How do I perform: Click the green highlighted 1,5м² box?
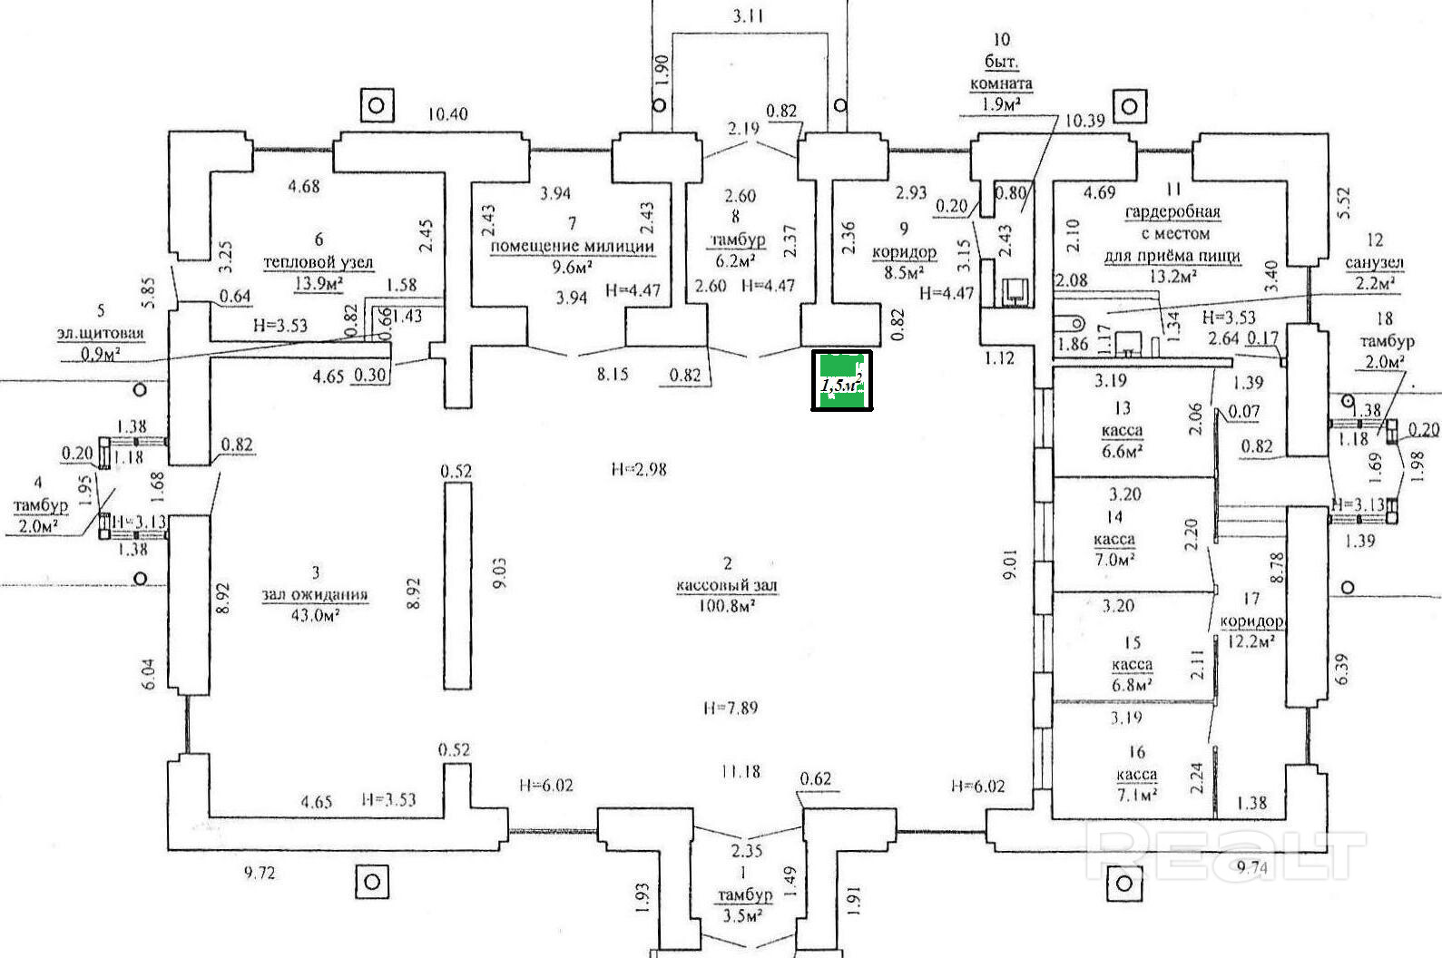coord(841,380)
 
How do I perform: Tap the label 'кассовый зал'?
coord(727,586)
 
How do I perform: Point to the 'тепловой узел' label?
coord(319,262)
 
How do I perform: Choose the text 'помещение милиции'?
coord(572,246)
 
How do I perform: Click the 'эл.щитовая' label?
coord(99,333)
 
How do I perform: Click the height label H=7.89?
coord(731,708)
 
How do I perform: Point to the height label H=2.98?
coord(640,469)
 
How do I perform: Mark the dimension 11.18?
coord(741,772)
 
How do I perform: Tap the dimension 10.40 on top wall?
coord(448,114)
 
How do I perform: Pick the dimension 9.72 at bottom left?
coord(260,874)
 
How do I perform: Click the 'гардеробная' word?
coord(1172,212)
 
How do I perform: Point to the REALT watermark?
coord(1225,854)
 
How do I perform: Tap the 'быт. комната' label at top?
coord(1002,73)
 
